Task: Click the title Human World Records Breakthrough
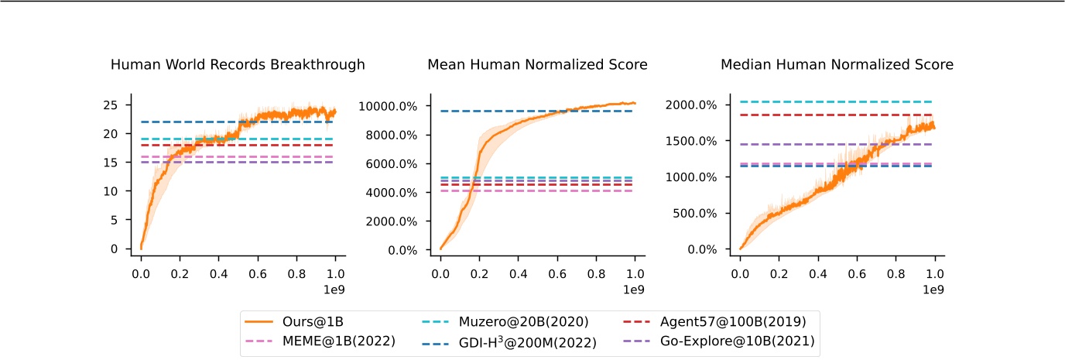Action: coord(238,65)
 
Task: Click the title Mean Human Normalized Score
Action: coord(537,65)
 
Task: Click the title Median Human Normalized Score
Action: coord(837,65)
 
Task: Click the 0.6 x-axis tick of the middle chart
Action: coord(556,274)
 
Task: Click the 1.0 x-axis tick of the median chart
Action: coord(934,274)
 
